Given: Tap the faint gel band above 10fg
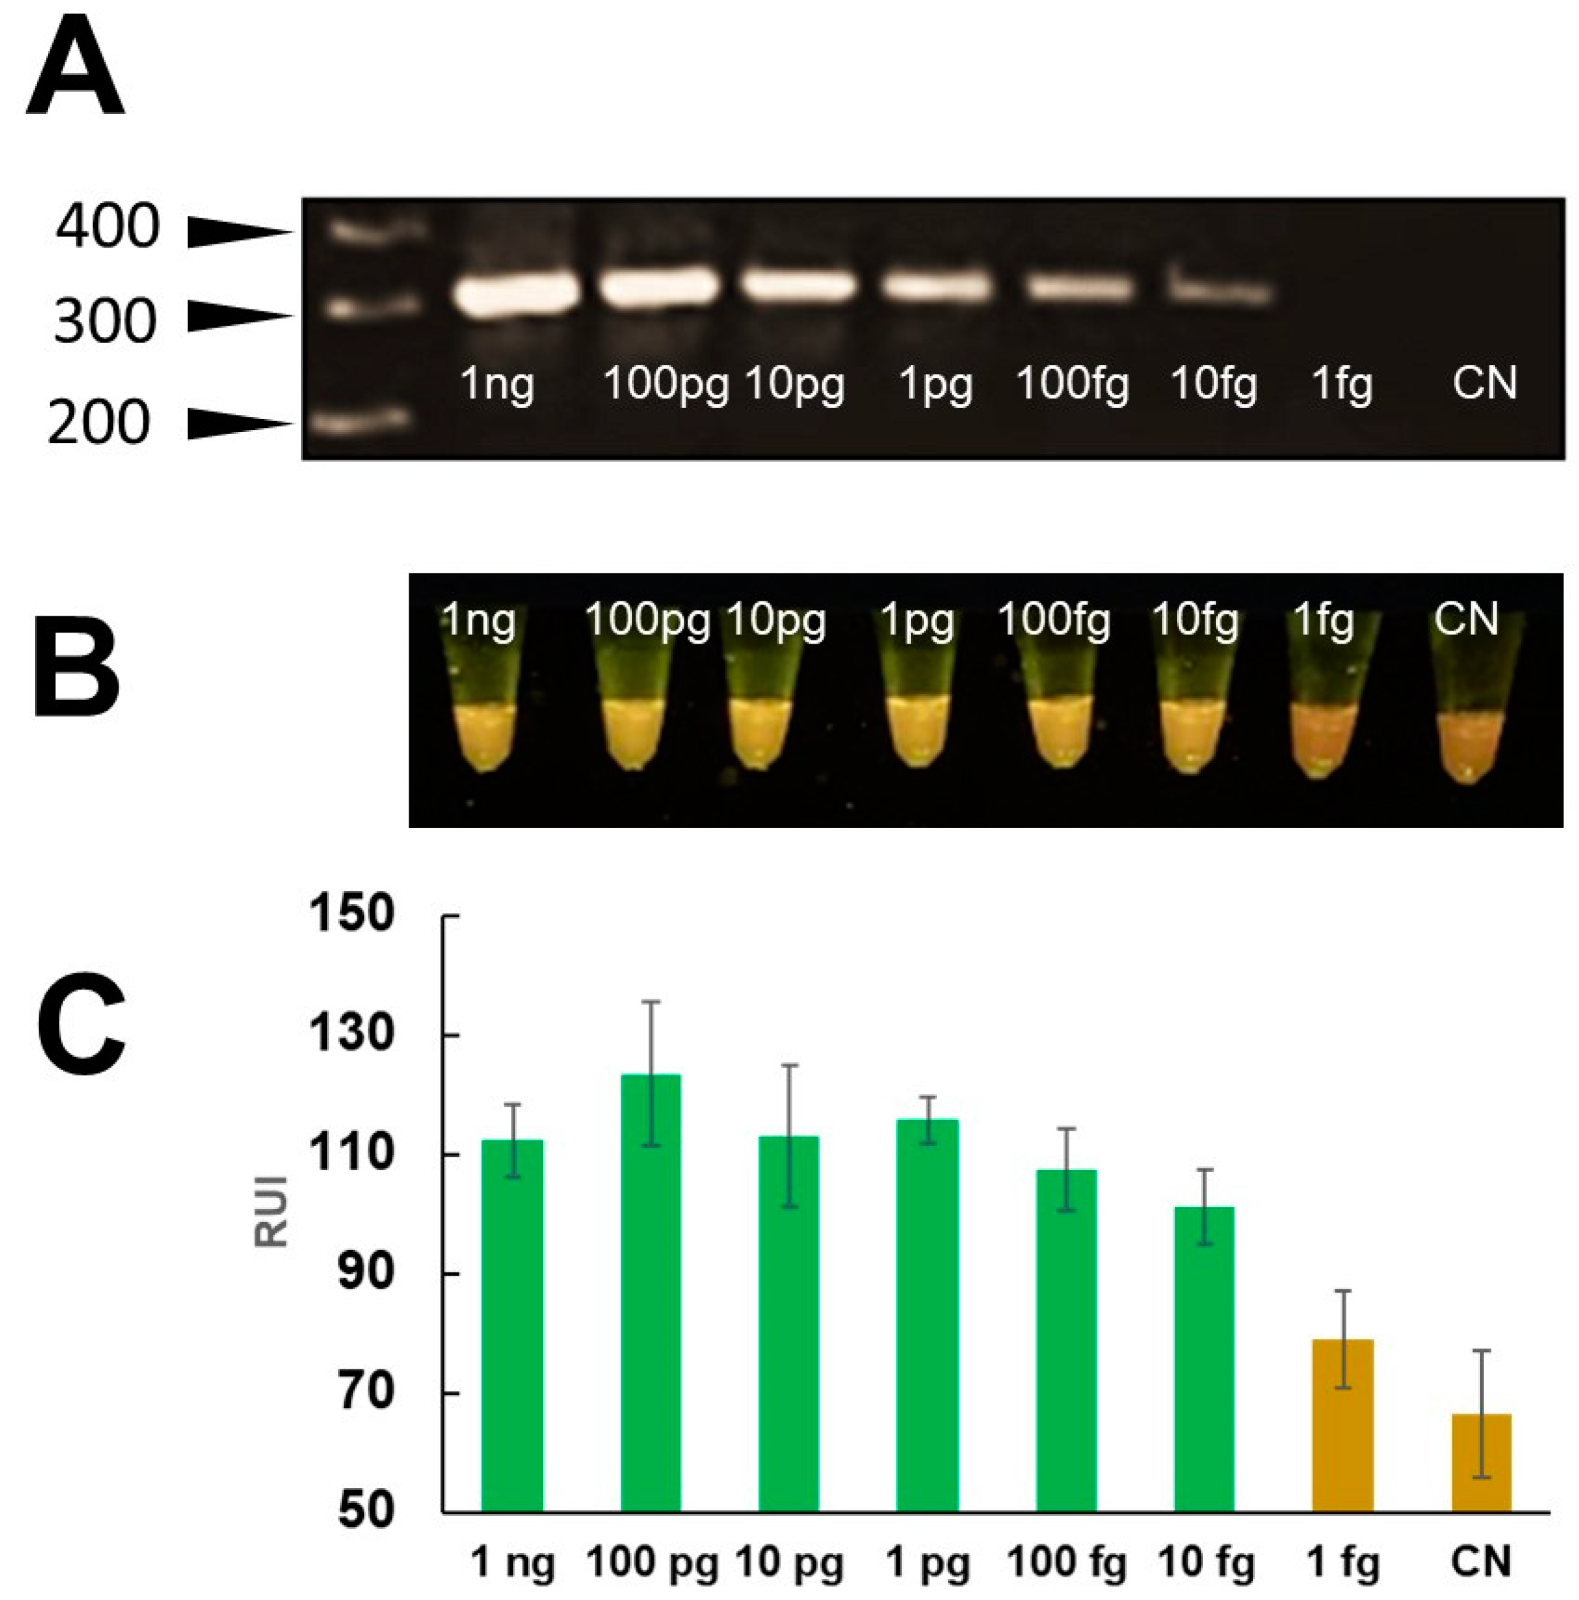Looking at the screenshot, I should [1218, 291].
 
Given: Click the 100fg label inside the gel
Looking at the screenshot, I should [1071, 384].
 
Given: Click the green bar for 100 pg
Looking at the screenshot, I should [650, 1292].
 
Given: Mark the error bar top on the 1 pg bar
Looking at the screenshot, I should [928, 1096].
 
